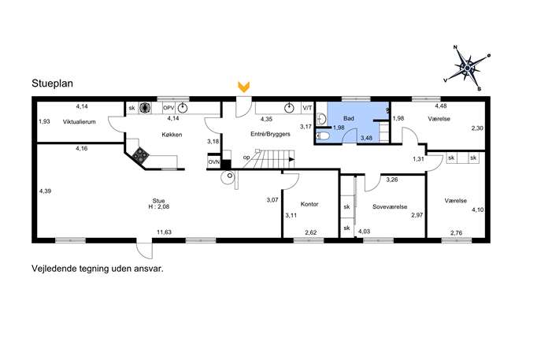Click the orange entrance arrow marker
pyautogui.click(x=244, y=87)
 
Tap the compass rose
pyautogui.click(x=467, y=69)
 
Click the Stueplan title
pyautogui.click(x=52, y=84)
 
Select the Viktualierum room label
pyautogui.click(x=79, y=122)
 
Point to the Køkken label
pyautogui.click(x=172, y=135)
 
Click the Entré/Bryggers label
pyautogui.click(x=270, y=134)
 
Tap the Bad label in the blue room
pyautogui.click(x=349, y=118)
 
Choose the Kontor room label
pyautogui.click(x=309, y=204)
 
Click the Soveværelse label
pyautogui.click(x=390, y=206)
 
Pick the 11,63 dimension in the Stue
pyautogui.click(x=165, y=232)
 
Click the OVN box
pyautogui.click(x=214, y=161)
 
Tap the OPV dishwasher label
pyautogui.click(x=169, y=108)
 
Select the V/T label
pyautogui.click(x=307, y=108)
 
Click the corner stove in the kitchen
pyautogui.click(x=140, y=155)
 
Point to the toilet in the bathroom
pyautogui.click(x=323, y=135)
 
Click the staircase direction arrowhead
pyautogui.click(x=292, y=159)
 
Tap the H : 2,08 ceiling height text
pyautogui.click(x=159, y=206)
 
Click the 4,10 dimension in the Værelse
pyautogui.click(x=478, y=210)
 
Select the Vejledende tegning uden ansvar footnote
pyautogui.click(x=98, y=269)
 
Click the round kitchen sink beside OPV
pyautogui.click(x=183, y=108)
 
